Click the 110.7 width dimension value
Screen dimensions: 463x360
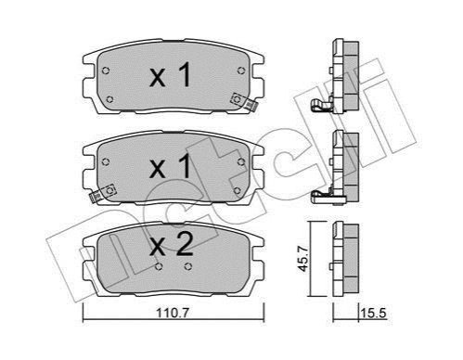point(173,314)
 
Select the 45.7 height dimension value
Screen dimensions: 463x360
point(303,259)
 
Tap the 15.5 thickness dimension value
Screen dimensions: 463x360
point(374,314)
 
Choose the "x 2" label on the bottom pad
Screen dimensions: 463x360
point(171,244)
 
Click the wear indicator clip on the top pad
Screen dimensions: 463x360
point(245,102)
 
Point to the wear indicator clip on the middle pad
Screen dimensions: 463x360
point(102,193)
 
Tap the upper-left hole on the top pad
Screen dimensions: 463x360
point(106,71)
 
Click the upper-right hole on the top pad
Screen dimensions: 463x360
point(241,71)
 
